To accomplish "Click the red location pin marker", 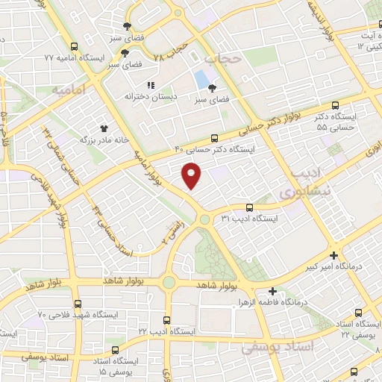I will click(192, 176).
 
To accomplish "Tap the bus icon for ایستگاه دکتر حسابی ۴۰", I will click(215, 137).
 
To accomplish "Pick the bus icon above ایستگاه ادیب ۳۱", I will click(248, 207).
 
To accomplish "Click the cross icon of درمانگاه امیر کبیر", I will click(341, 254).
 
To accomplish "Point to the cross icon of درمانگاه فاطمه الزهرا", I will click(272, 291).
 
